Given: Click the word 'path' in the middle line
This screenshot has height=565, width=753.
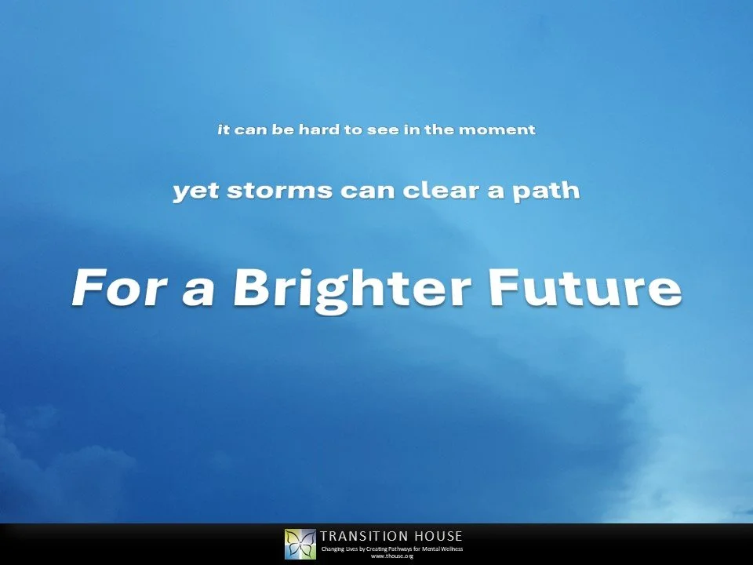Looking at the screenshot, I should [x=549, y=191].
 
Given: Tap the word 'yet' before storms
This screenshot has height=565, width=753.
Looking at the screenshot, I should [x=193, y=191].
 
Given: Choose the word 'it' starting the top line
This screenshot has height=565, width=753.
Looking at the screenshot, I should [x=223, y=129].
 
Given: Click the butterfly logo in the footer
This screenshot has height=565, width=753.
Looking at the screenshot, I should [x=300, y=544].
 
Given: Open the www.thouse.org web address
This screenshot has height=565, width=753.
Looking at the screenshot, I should [x=391, y=556].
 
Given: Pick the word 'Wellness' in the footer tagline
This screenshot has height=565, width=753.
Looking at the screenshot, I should [x=451, y=549].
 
